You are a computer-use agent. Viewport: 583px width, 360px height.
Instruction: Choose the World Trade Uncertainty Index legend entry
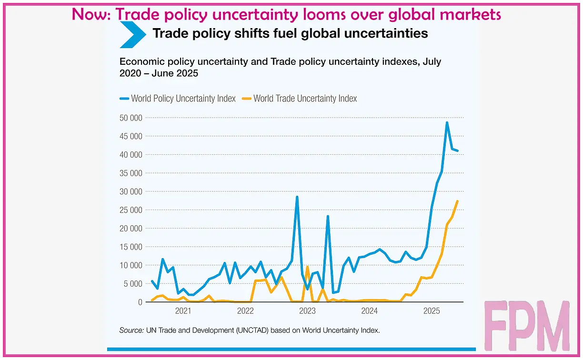pyautogui.click(x=300, y=99)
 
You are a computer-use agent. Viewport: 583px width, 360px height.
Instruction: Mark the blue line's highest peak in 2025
pyautogui.click(x=447, y=122)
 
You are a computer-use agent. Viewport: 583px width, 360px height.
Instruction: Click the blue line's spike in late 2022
pyautogui.click(x=297, y=197)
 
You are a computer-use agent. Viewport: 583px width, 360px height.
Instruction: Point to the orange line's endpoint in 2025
pyautogui.click(x=457, y=201)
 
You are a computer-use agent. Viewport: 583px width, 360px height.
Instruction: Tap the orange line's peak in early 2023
pyautogui.click(x=308, y=266)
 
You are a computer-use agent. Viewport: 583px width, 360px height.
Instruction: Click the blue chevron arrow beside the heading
pyautogui.click(x=132, y=34)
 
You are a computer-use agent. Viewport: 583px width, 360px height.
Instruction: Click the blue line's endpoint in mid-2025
pyautogui.click(x=457, y=151)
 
